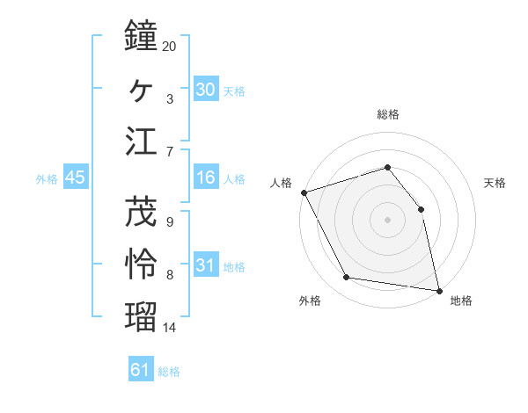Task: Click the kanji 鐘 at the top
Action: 141,36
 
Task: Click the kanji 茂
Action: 141,212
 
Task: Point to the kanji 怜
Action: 141,264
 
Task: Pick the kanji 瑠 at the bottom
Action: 141,316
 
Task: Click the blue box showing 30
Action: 205,90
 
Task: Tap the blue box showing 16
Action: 205,178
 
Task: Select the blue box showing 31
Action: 205,265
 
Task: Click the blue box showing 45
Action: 75,178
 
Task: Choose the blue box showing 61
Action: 141,370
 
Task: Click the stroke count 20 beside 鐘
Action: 170,47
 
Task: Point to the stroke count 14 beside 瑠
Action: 170,328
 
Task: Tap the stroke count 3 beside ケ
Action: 170,98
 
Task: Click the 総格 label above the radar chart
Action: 388,114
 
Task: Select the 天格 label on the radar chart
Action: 495,183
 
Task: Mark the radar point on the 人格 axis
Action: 304,192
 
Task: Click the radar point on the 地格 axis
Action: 439,289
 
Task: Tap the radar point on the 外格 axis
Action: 347,278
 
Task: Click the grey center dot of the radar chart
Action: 388,220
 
